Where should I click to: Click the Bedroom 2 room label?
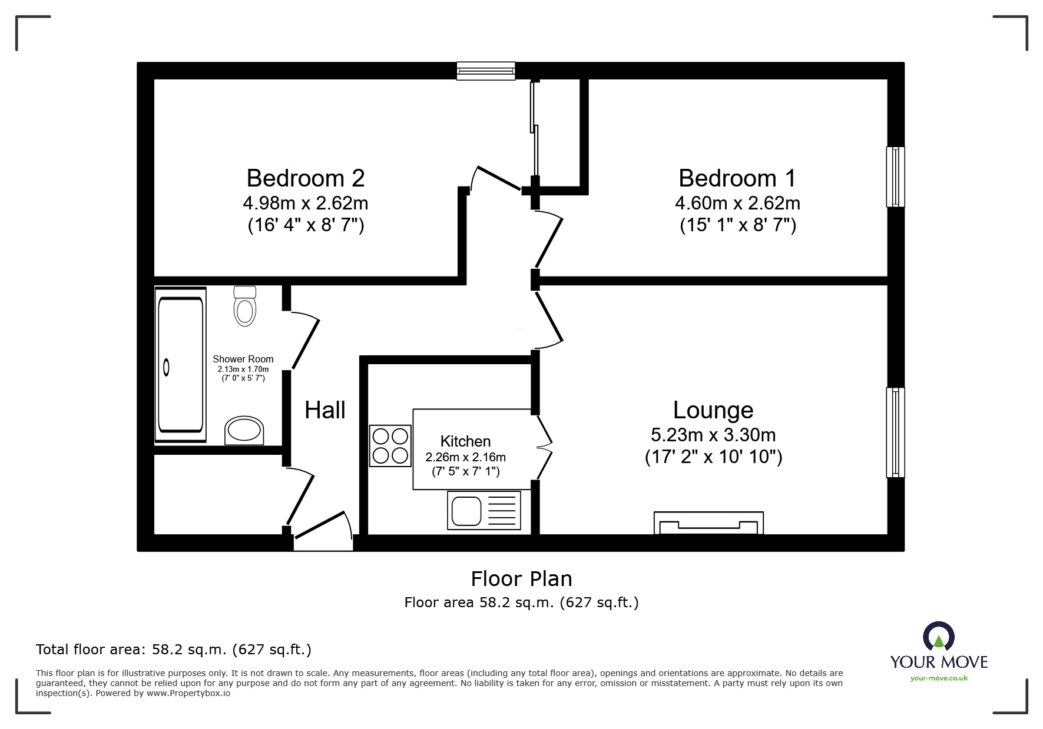point(305,178)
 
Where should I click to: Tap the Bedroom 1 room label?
point(737,178)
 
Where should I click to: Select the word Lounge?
point(713,410)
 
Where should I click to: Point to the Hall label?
point(325,410)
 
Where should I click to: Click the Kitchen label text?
point(465,441)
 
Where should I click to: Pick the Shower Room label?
point(243,359)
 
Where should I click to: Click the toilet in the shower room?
point(245,306)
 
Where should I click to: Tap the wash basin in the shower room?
point(244,431)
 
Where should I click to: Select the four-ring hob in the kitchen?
point(390,446)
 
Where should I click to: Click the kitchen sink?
point(484,510)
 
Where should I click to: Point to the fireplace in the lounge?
point(708,523)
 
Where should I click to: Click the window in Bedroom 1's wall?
point(895,177)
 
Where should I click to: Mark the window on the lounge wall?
point(895,432)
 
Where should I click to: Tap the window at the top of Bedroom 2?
point(486,71)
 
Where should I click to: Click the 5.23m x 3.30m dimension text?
point(713,435)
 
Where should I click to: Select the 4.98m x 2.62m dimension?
point(306,203)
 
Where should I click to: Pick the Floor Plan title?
point(521,579)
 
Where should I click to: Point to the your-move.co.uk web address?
point(939,678)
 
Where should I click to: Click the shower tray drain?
point(167,368)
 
